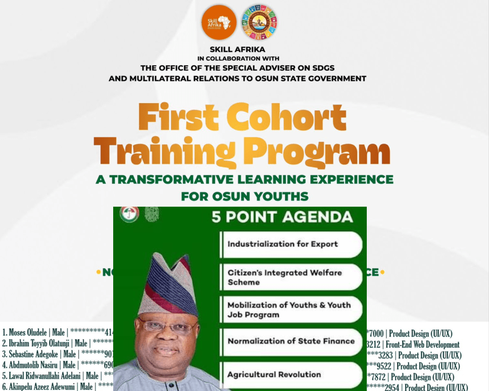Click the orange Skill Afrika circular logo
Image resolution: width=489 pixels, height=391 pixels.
click(x=219, y=22)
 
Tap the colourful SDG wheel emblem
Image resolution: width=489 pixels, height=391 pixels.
click(x=259, y=22)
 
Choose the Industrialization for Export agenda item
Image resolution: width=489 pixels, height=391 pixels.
click(x=283, y=244)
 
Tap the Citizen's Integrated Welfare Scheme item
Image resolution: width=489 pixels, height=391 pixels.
click(x=285, y=277)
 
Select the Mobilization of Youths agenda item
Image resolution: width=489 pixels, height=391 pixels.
click(x=289, y=309)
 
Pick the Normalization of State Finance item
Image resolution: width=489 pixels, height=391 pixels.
click(x=291, y=341)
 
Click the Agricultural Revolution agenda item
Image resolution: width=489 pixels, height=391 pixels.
click(x=274, y=374)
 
